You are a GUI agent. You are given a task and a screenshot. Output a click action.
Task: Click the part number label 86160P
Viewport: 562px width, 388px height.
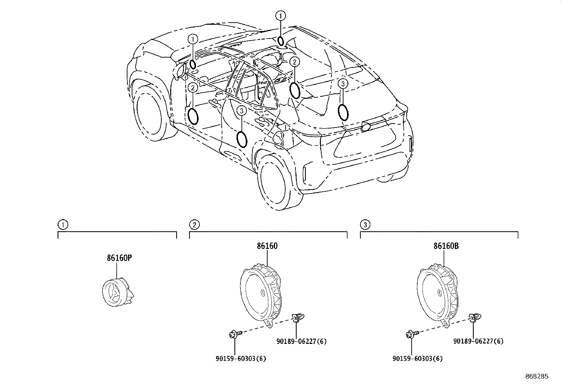pyautogui.click(x=119, y=258)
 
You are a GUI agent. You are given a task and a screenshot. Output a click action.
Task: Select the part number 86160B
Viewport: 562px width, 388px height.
pyautogui.click(x=446, y=246)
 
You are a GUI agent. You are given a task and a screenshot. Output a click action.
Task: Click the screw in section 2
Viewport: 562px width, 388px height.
pyautogui.click(x=234, y=334)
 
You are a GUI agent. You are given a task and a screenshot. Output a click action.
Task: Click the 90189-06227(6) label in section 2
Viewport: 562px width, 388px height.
pyautogui.click(x=301, y=341)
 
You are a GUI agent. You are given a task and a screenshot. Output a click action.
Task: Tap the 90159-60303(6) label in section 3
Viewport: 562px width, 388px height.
pyautogui.click(x=417, y=359)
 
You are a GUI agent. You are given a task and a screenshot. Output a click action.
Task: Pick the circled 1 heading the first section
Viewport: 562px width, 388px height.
pyautogui.click(x=62, y=224)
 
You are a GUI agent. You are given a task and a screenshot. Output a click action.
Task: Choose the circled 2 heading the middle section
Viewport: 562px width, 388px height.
pyautogui.click(x=194, y=224)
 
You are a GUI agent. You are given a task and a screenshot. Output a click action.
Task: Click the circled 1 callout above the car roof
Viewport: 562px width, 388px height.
pyautogui.click(x=281, y=15)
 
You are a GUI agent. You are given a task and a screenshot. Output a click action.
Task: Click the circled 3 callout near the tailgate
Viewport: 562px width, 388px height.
pyautogui.click(x=343, y=84)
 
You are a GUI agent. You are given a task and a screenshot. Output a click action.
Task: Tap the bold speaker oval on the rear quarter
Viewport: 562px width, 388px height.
pyautogui.click(x=343, y=112)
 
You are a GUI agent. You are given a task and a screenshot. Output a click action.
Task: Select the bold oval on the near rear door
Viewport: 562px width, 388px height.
pyautogui.click(x=241, y=139)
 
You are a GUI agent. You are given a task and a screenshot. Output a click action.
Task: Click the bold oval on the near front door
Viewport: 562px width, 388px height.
pyautogui.click(x=193, y=116)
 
